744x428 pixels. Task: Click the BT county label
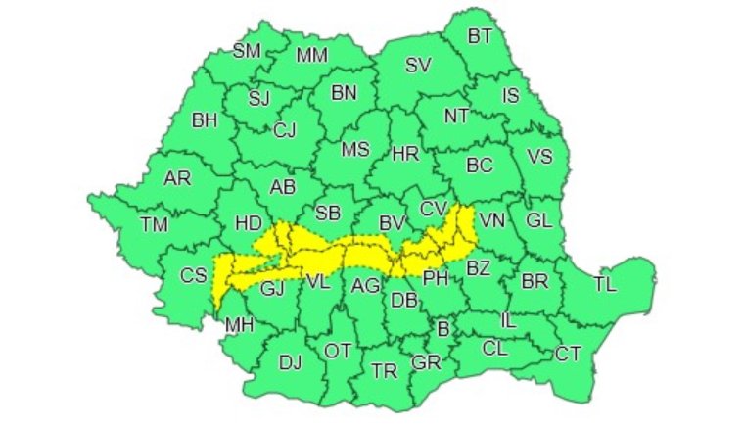coord(480,36)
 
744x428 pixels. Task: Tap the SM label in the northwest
coord(246,51)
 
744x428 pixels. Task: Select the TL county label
coord(606,285)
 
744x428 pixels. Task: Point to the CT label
coord(569,353)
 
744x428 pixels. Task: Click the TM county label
coord(154,224)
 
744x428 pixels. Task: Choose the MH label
coord(239,324)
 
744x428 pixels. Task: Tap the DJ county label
coord(290,362)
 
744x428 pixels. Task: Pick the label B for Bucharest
coord(442,330)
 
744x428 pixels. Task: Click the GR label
coord(426,361)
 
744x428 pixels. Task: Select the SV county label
coord(418,66)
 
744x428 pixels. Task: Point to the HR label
coord(405,154)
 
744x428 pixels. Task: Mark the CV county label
coord(433,208)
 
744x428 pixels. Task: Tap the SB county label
coord(328,214)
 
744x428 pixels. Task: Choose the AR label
coord(177,179)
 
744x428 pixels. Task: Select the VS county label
coord(539,156)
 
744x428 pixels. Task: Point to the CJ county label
coord(285,129)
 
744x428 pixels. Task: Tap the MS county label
coord(355,150)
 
